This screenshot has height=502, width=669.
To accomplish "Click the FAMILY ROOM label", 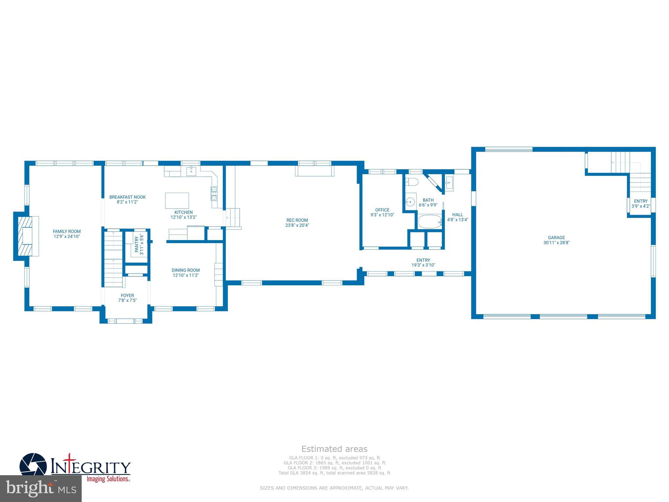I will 67,231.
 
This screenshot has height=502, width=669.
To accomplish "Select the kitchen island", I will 177,201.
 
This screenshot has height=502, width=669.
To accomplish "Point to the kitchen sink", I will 191,170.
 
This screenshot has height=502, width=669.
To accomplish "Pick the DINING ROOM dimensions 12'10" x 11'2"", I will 186,275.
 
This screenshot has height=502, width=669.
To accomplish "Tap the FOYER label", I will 127,295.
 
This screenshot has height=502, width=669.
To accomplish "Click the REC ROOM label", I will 297,220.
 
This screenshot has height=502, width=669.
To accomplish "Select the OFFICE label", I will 382,210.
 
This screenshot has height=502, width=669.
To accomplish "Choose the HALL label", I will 458,215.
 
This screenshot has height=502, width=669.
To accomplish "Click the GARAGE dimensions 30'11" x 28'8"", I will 556,243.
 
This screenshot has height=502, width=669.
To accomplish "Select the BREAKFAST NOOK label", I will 127,197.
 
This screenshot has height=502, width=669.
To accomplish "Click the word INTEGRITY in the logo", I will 91,467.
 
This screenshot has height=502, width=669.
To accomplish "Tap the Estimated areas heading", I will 334,449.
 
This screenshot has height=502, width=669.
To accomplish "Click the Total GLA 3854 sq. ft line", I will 334,473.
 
